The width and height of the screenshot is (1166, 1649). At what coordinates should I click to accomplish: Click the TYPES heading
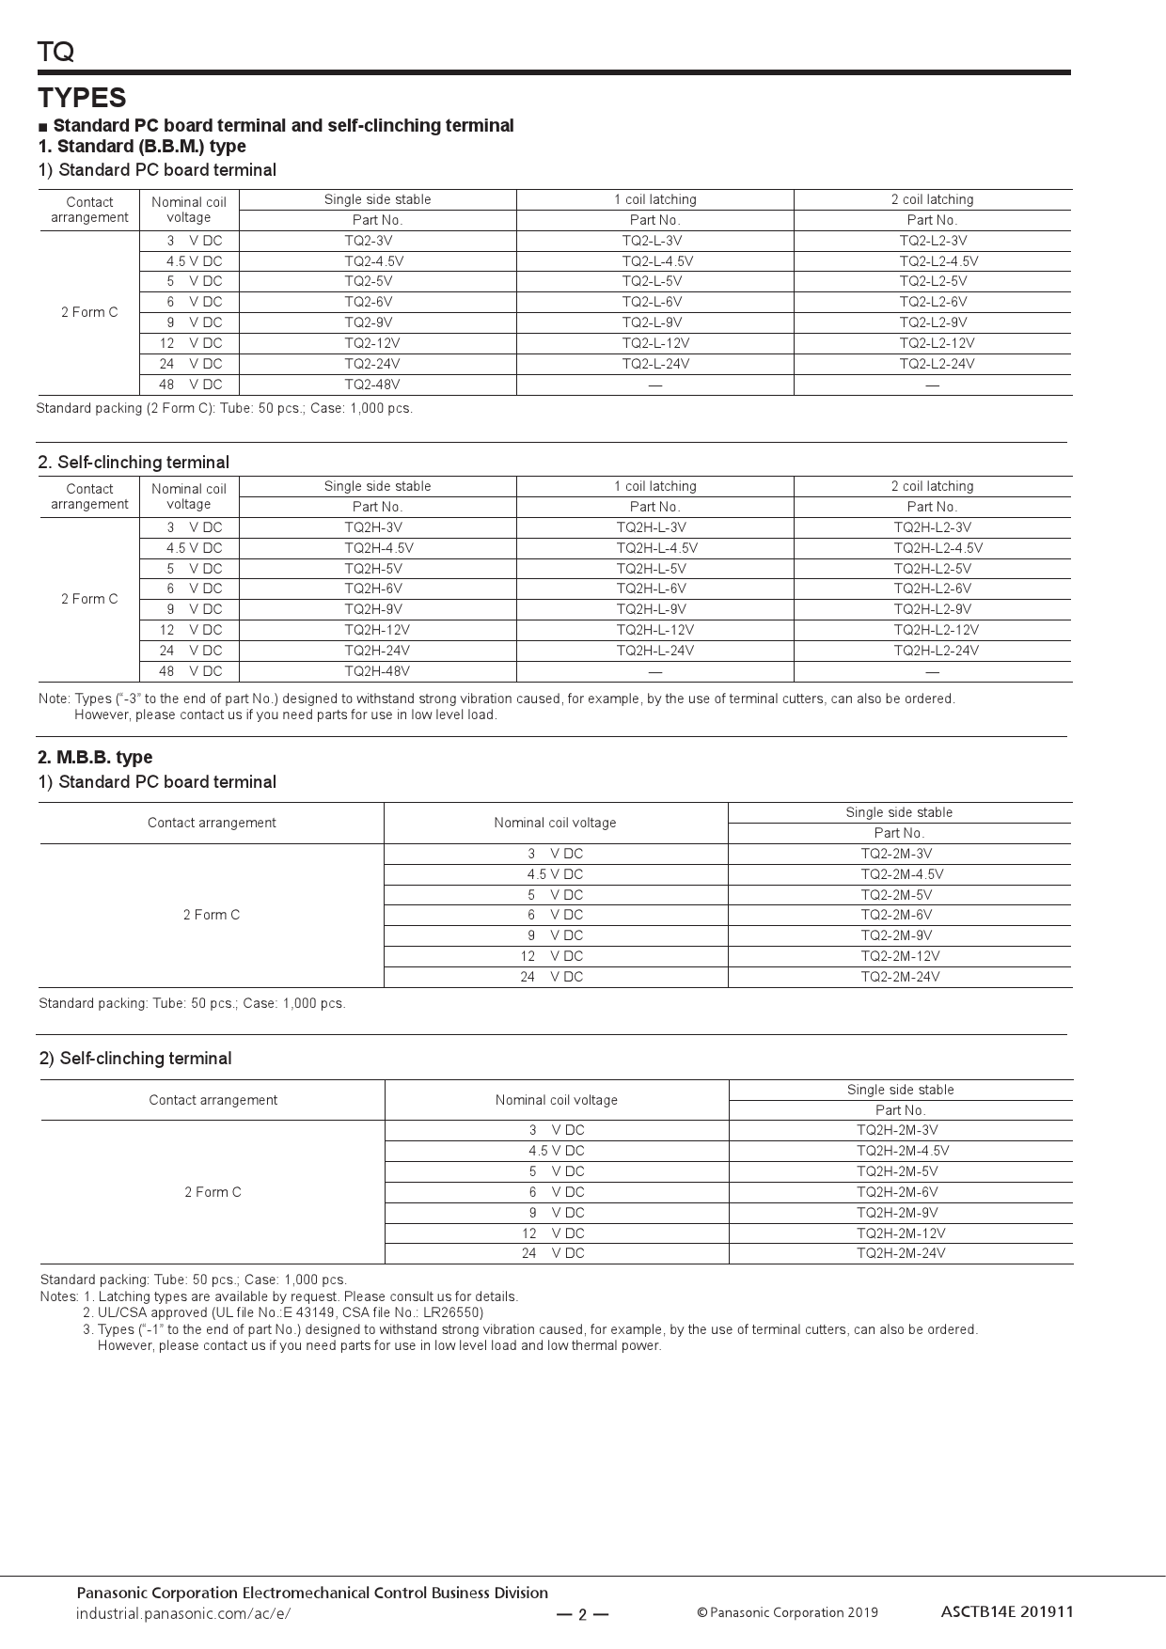click(x=82, y=98)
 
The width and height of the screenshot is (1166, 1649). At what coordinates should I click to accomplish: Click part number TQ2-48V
click(x=371, y=385)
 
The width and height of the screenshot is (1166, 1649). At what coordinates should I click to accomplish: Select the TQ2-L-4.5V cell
click(x=657, y=261)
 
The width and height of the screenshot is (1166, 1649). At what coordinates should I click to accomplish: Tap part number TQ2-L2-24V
click(x=937, y=364)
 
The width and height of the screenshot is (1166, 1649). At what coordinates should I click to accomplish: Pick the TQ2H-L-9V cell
click(x=651, y=609)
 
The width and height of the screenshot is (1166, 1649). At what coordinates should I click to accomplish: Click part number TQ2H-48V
click(x=376, y=671)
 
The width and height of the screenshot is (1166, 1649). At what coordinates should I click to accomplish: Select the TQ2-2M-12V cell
click(x=900, y=956)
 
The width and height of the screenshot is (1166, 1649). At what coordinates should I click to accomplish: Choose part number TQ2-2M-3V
click(x=896, y=854)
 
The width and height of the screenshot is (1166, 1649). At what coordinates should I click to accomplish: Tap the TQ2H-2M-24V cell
click(x=901, y=1253)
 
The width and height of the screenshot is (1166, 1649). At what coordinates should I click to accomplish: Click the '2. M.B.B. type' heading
click(x=95, y=758)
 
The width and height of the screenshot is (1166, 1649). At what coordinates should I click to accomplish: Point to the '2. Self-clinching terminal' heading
click(x=134, y=463)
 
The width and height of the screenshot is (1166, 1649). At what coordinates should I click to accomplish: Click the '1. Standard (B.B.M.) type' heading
click(x=142, y=147)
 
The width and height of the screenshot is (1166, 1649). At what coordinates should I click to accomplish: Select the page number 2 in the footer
click(x=582, y=1615)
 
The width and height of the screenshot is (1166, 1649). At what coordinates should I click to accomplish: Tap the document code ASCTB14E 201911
click(x=1006, y=1611)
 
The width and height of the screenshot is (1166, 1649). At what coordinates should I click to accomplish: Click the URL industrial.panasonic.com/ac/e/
click(x=183, y=1613)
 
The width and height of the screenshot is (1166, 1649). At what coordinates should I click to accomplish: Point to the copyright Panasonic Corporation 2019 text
click(x=787, y=1613)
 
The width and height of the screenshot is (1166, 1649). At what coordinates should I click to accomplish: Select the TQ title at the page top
click(x=55, y=52)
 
